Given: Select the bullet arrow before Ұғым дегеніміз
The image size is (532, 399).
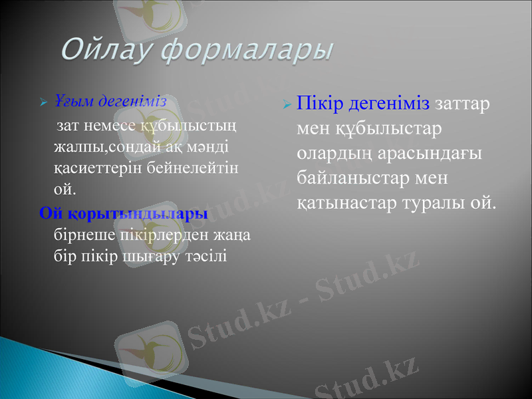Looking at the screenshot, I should tap(43, 103).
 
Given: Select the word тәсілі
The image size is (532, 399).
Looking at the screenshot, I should tap(206, 255).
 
